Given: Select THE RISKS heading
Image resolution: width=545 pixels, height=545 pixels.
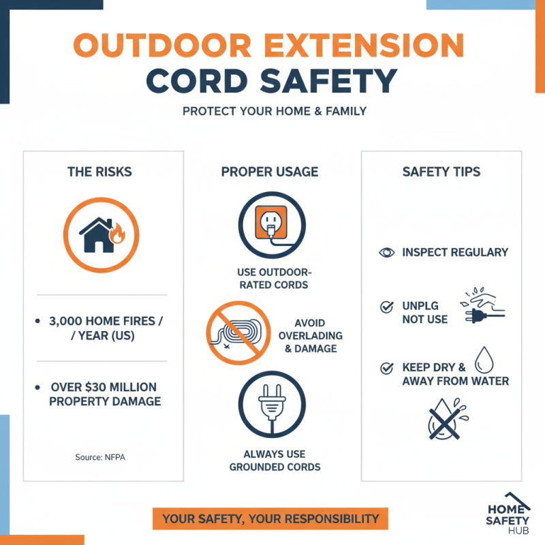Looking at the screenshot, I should pos(99,172).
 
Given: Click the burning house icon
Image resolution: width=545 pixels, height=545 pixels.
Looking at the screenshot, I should pos(101,234).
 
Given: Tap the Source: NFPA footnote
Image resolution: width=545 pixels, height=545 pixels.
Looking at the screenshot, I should pos(100,457).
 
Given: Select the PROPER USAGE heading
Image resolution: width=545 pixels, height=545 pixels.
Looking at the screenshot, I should pos(270,172).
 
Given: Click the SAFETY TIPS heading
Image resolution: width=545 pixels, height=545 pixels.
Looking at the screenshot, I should pos(441,172).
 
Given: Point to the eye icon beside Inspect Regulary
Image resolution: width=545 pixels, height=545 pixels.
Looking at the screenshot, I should pos(387,252).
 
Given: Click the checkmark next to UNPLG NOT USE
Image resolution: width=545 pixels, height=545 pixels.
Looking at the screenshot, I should pos(387,307).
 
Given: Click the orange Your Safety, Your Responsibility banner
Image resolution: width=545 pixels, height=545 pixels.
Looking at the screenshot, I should pos(270,519).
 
